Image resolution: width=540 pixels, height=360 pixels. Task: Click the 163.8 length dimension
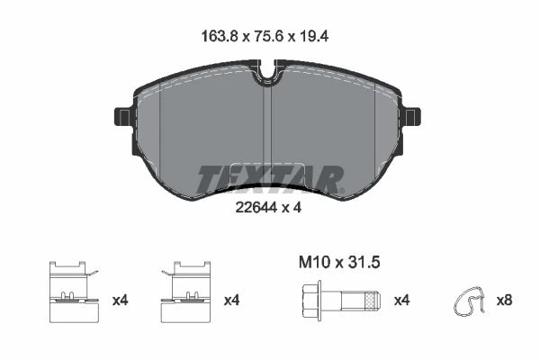coord(220,36)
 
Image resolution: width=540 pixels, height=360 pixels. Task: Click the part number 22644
coord(256,207)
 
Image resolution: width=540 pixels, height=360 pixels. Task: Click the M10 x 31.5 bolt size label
coord(339,263)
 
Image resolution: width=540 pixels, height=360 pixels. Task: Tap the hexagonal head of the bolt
coord(311,301)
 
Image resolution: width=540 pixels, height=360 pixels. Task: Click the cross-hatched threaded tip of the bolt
coord(373,301)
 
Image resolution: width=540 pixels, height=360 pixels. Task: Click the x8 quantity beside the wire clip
coord(504,301)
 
